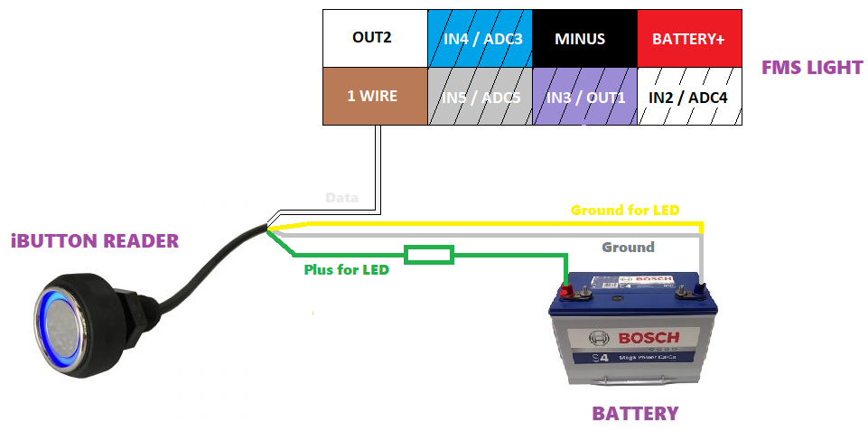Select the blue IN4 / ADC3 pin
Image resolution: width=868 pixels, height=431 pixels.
(480, 39)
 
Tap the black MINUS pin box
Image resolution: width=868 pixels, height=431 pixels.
(584, 39)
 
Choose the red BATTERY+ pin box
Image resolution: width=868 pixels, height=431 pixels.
(689, 39)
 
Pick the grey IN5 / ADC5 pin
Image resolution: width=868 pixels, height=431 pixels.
(480, 96)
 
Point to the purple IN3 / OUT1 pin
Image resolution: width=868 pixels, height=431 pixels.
(584, 96)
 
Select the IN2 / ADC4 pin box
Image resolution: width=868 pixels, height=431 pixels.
(689, 96)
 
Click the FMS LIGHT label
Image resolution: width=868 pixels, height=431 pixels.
(812, 68)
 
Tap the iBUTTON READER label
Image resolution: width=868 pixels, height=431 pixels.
(95, 241)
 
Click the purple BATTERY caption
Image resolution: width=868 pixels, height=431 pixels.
(635, 414)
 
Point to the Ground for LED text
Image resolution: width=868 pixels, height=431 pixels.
(625, 211)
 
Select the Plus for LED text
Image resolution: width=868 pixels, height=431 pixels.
(347, 269)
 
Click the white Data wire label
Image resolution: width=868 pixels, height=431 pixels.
(341, 198)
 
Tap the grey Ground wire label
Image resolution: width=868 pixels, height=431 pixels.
(628, 247)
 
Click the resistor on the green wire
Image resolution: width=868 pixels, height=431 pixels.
(429, 256)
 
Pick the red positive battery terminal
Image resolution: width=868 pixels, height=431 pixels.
(567, 291)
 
